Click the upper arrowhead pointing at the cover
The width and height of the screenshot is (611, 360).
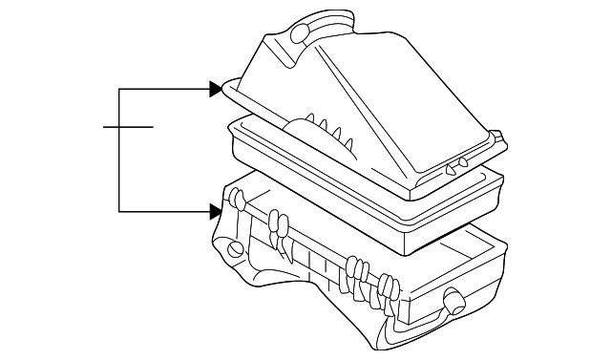click(216, 90)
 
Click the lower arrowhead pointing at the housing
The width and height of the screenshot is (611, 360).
click(216, 210)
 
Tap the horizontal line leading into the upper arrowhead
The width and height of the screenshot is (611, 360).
click(162, 90)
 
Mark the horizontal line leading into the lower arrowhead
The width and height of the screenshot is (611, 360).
click(162, 210)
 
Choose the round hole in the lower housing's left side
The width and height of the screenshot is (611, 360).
click(235, 252)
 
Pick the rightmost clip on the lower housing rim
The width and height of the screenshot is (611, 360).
click(390, 286)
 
